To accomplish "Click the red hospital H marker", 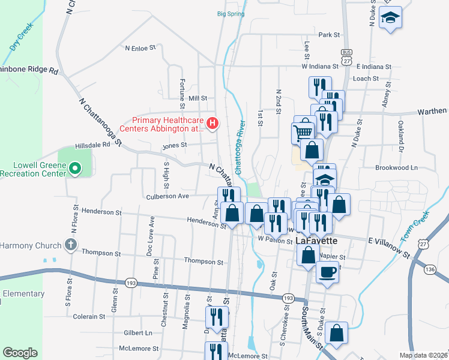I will (x=212, y=124).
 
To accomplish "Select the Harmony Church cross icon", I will (x=71, y=245).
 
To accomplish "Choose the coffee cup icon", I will (x=327, y=271).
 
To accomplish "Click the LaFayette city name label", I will (x=316, y=241).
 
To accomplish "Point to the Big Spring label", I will (x=231, y=13).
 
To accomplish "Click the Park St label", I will (x=330, y=35).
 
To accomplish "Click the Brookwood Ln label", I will (x=396, y=168).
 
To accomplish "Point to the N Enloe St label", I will (x=140, y=47).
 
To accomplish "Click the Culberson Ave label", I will (x=167, y=196).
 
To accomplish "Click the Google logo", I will (x=20, y=353).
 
